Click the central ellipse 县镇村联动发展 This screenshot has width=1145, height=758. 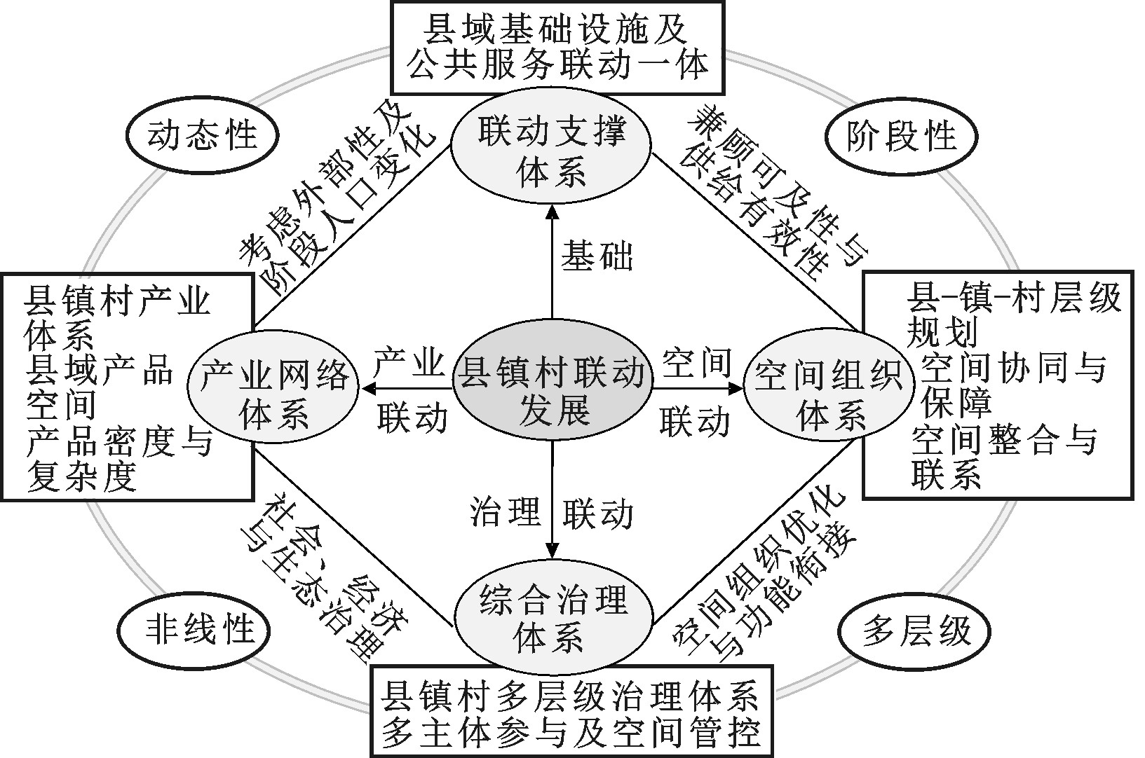[552, 389]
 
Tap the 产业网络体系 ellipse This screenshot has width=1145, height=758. [274, 397]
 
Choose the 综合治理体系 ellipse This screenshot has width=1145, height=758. [552, 619]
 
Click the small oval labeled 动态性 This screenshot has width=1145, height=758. [201, 135]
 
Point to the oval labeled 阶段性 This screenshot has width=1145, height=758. [902, 135]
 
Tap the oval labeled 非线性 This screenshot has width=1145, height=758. [200, 626]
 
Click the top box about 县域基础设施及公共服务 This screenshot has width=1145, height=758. [557, 47]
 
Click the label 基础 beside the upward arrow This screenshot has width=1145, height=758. [597, 257]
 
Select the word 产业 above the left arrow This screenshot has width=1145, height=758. [409, 362]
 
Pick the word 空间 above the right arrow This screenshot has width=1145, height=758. [696, 362]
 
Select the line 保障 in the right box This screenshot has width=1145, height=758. [956, 404]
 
